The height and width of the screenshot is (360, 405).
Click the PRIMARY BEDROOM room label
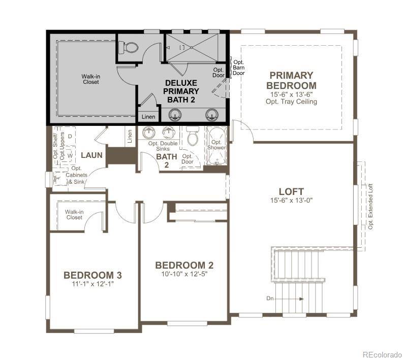[291, 81]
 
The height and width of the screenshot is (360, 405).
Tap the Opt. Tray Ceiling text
[291, 102]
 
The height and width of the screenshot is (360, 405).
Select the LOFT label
[291, 191]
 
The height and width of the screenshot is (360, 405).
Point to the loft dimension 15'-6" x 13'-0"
[291, 200]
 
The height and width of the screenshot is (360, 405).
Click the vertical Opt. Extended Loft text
[371, 206]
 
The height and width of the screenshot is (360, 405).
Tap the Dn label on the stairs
[270, 299]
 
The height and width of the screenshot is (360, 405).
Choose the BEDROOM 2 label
[184, 266]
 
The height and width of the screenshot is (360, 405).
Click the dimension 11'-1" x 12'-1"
[92, 284]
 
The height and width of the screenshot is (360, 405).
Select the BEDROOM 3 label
[92, 275]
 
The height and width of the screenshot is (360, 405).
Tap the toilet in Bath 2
[192, 137]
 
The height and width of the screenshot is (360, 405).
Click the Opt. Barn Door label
[238, 67]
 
